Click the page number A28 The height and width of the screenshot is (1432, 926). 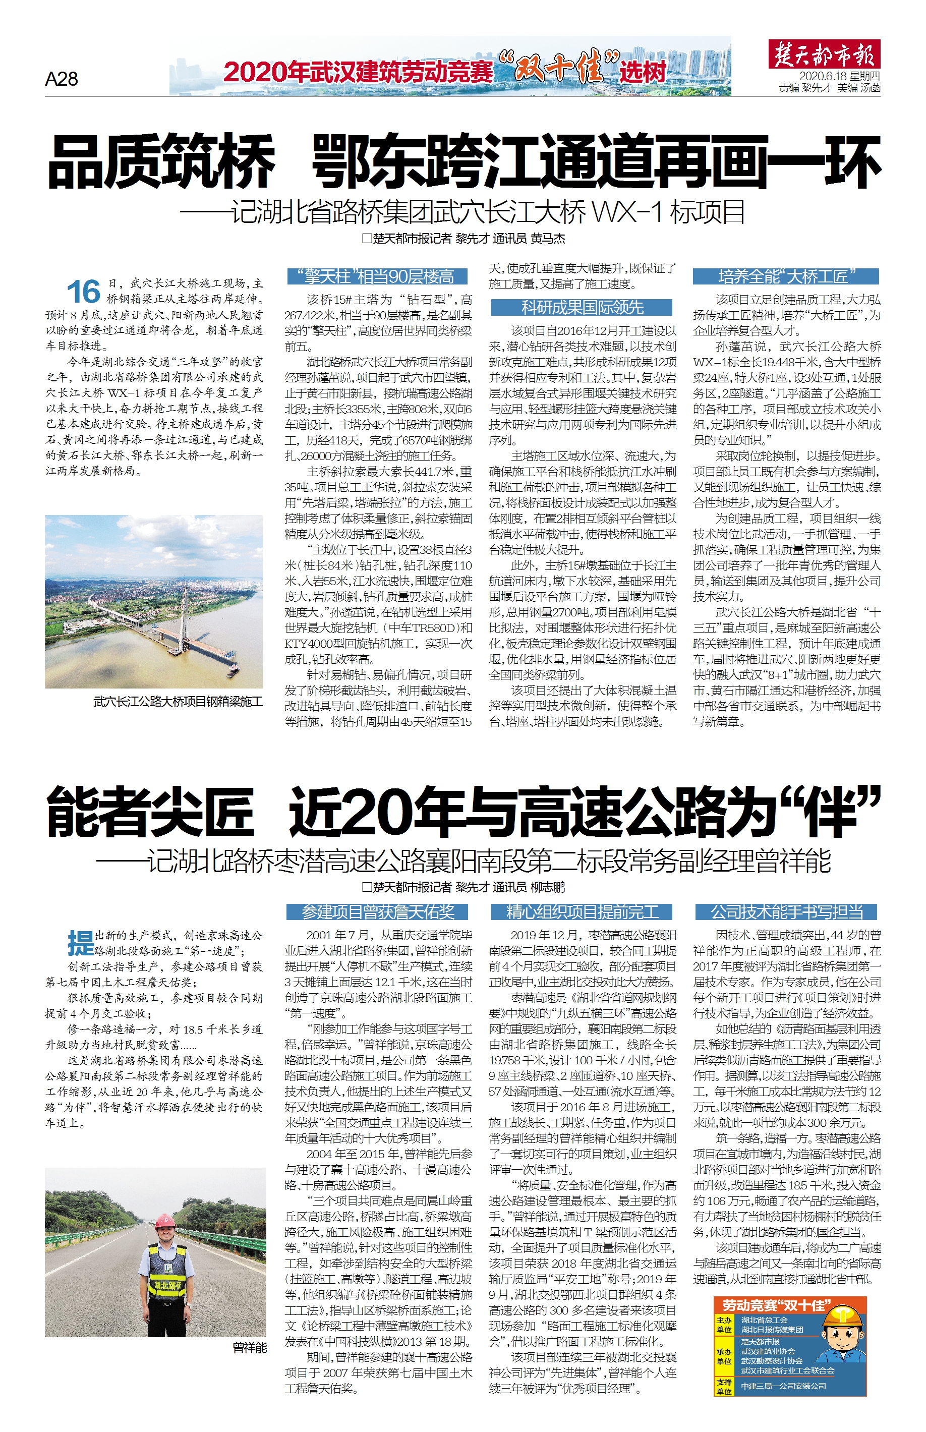coord(62,79)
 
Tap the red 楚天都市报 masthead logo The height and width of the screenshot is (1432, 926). coord(823,54)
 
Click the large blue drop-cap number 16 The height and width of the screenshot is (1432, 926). coord(83,292)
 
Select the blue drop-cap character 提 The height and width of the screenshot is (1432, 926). coord(81,942)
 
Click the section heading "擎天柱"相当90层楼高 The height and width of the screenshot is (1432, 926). coord(378,276)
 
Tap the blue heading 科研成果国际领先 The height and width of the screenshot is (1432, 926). coord(582,308)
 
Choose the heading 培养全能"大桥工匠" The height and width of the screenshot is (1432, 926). coord(785,276)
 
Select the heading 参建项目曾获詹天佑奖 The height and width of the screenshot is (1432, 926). coord(378,912)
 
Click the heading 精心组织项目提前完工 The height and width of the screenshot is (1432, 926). coord(582,912)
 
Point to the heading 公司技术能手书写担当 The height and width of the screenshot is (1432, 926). coord(786,912)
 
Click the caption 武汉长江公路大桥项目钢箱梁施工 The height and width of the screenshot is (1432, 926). coord(178,701)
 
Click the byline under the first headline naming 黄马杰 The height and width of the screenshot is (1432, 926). coord(463,239)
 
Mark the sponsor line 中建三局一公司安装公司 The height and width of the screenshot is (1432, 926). coord(783,1386)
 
